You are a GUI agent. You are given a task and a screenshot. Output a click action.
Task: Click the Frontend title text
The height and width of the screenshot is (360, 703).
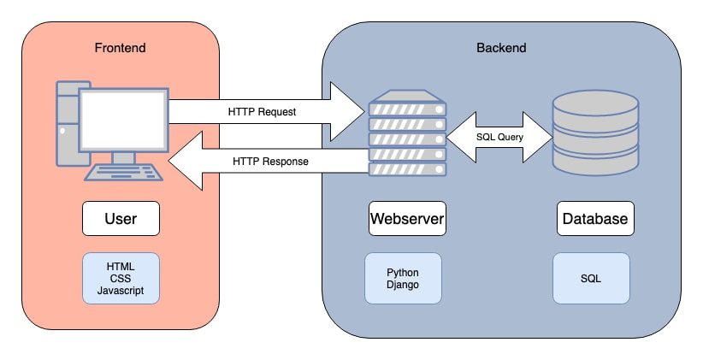(120, 46)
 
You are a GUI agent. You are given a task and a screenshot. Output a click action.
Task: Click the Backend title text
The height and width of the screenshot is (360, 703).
(500, 46)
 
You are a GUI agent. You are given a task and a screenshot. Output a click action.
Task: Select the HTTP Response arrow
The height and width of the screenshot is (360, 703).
(265, 161)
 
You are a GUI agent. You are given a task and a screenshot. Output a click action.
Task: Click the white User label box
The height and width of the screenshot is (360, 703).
(121, 219)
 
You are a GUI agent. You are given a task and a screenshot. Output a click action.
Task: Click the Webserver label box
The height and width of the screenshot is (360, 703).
(407, 219)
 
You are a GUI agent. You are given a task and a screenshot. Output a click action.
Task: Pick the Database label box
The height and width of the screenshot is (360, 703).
(595, 219)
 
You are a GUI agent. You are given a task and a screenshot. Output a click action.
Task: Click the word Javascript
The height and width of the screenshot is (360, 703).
(121, 291)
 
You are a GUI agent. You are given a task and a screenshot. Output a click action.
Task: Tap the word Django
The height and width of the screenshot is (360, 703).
(403, 285)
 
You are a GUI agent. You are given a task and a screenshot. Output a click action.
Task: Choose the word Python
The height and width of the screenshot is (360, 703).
(403, 272)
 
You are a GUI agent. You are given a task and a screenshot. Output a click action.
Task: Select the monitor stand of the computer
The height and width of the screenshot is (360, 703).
(123, 156)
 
